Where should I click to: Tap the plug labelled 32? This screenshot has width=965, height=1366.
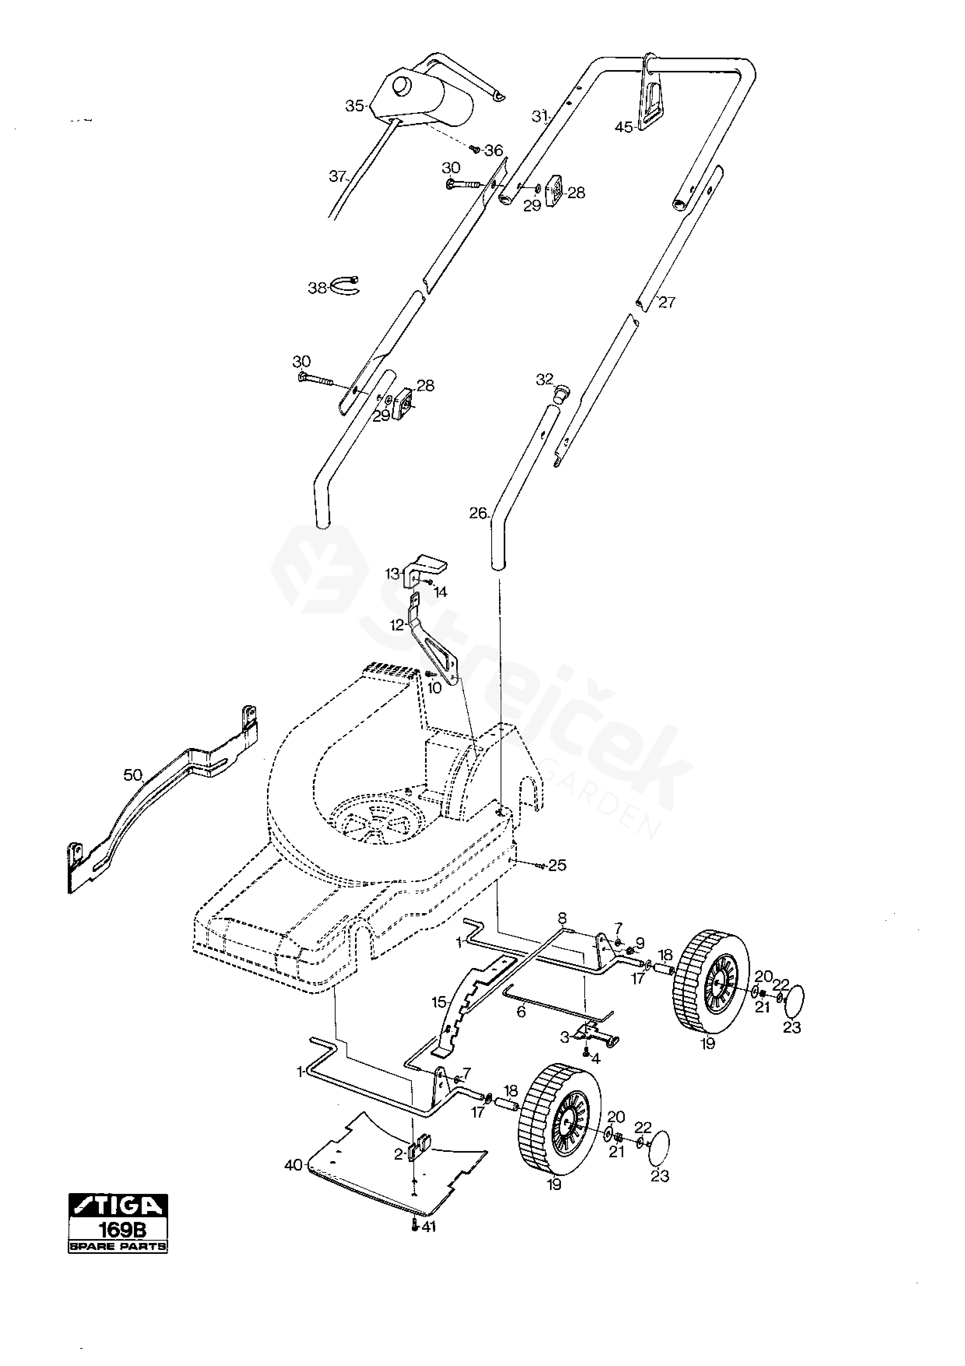[x=560, y=392]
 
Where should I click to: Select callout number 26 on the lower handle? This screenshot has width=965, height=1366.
[x=478, y=513]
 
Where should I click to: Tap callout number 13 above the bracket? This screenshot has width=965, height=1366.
[x=392, y=574]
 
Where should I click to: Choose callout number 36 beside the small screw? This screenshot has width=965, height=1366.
[x=494, y=151]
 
